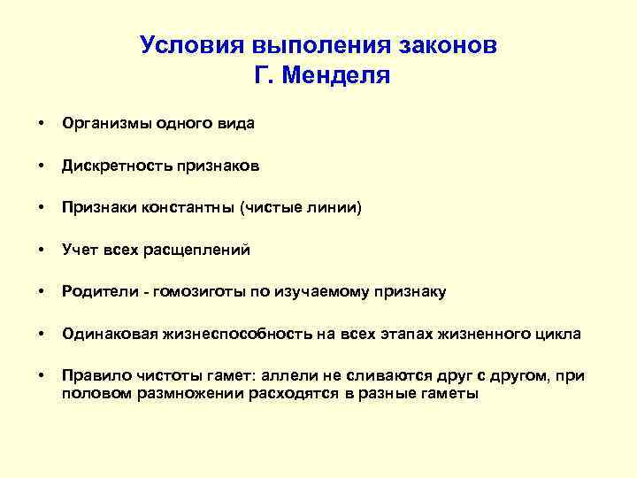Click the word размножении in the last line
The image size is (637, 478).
point(181,394)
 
